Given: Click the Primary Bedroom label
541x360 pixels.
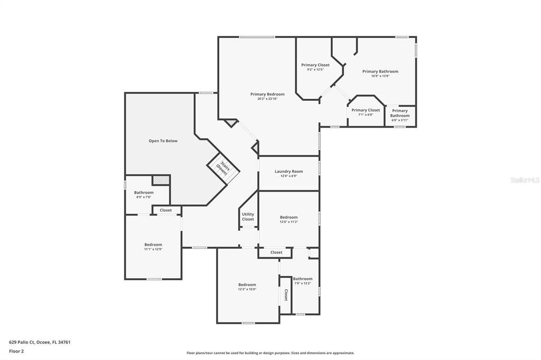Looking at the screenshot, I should click(x=267, y=94).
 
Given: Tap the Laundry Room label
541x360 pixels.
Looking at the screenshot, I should click(x=288, y=172).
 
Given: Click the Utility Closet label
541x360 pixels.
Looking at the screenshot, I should click(x=248, y=216).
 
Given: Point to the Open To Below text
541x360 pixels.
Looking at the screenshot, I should click(x=163, y=141).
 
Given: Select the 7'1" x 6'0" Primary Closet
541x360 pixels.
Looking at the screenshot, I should click(x=366, y=112).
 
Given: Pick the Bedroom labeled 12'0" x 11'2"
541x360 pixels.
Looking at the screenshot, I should click(x=288, y=220).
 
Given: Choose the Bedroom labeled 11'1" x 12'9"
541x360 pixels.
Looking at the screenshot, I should click(x=153, y=247).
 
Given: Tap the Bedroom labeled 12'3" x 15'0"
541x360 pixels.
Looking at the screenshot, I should click(x=247, y=287).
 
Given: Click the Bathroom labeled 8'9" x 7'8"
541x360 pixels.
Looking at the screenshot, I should click(x=144, y=194).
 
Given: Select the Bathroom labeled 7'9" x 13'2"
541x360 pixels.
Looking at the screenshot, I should click(x=303, y=281).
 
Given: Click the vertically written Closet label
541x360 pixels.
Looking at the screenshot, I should click(x=286, y=295).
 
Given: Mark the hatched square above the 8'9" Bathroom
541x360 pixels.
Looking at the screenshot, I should click(x=161, y=180).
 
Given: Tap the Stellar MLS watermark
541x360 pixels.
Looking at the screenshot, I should click(x=525, y=180).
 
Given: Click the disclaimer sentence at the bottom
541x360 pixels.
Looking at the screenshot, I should click(x=270, y=353).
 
